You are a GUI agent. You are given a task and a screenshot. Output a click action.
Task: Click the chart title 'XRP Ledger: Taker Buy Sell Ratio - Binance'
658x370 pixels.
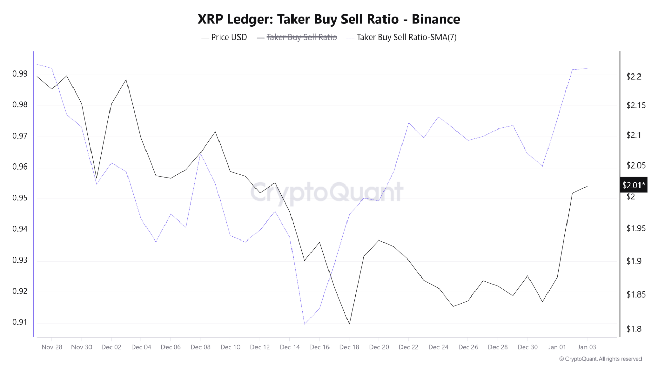coord(329,20)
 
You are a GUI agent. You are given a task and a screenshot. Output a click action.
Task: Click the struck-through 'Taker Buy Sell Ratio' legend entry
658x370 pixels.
coord(302,37)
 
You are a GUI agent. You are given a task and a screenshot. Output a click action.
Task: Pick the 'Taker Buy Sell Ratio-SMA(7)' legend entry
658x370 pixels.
coord(406,37)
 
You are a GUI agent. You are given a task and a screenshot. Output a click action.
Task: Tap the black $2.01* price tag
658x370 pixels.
coord(633,185)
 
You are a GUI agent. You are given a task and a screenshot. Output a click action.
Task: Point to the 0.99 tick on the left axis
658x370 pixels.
coord(20,74)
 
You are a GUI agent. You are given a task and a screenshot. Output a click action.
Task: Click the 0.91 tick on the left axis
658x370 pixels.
coord(20,323)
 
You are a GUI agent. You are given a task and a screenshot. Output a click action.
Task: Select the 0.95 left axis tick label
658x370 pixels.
coord(20,198)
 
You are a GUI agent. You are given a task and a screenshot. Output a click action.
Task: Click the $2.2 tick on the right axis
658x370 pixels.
coord(634,77)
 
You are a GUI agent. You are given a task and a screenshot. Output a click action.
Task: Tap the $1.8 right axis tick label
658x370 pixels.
coord(634,329)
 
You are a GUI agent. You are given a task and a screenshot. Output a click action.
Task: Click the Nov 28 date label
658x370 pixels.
coord(51,347)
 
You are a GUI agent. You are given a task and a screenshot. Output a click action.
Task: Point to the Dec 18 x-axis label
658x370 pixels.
coord(349,347)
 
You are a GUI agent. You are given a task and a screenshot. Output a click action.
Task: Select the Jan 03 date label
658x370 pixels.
coord(587,347)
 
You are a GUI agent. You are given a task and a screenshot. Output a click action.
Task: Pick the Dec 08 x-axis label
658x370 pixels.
coord(200,347)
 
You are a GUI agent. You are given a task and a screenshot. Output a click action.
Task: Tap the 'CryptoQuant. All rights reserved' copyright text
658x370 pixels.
coord(600,359)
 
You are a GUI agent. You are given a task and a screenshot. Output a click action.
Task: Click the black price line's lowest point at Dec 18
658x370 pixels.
coord(349,324)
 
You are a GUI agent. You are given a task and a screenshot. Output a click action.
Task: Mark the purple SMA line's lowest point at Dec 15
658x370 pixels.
coord(305,324)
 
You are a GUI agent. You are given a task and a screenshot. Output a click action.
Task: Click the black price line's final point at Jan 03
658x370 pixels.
coord(587,186)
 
